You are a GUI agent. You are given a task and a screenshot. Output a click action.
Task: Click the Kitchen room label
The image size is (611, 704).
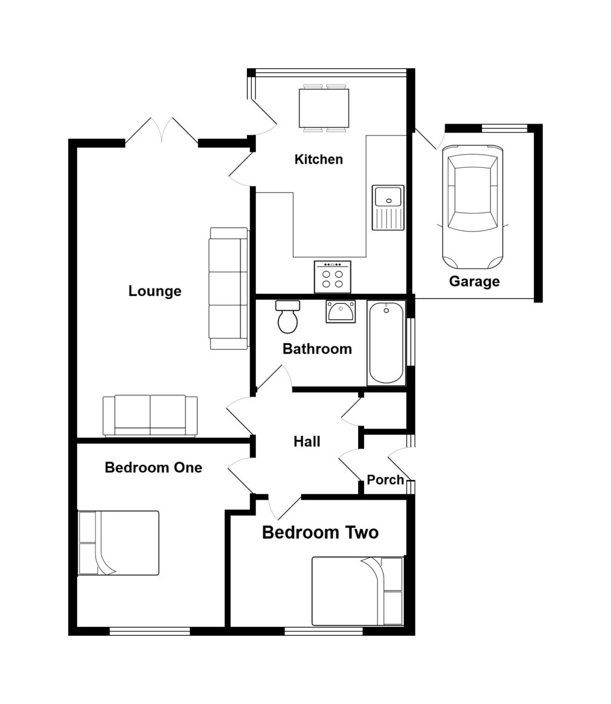point(319,159)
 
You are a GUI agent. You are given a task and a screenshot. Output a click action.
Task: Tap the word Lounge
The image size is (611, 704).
point(155,291)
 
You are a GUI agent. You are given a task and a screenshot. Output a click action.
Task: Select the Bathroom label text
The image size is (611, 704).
point(317,349)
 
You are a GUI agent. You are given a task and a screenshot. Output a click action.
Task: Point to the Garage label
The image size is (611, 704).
point(474,281)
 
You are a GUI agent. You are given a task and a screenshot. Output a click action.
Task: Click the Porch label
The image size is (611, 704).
point(385,479)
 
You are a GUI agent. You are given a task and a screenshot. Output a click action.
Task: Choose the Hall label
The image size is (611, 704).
point(307,441)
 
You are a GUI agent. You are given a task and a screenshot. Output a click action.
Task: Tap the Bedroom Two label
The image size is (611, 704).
point(320,532)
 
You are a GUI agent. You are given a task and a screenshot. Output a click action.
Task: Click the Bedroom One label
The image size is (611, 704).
point(153,467)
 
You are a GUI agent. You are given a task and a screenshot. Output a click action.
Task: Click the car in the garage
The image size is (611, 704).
point(471,206)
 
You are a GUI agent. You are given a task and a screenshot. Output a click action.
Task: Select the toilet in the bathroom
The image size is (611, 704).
point(288,317)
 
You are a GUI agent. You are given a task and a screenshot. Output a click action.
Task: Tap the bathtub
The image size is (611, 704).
point(386,343)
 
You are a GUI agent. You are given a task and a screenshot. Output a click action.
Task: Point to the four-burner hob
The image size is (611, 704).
point(332,277)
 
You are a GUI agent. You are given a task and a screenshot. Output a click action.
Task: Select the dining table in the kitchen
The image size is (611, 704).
point(323,108)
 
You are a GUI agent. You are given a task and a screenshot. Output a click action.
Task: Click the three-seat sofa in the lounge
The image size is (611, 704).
point(228,288)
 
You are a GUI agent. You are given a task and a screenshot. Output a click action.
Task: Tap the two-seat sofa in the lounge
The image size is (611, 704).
point(150,415)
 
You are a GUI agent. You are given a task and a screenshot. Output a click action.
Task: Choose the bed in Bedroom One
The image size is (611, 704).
point(119,543)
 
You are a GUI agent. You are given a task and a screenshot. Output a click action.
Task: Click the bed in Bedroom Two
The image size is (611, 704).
point(357,591)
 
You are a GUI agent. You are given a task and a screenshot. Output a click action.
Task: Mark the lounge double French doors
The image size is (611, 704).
point(162,132)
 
